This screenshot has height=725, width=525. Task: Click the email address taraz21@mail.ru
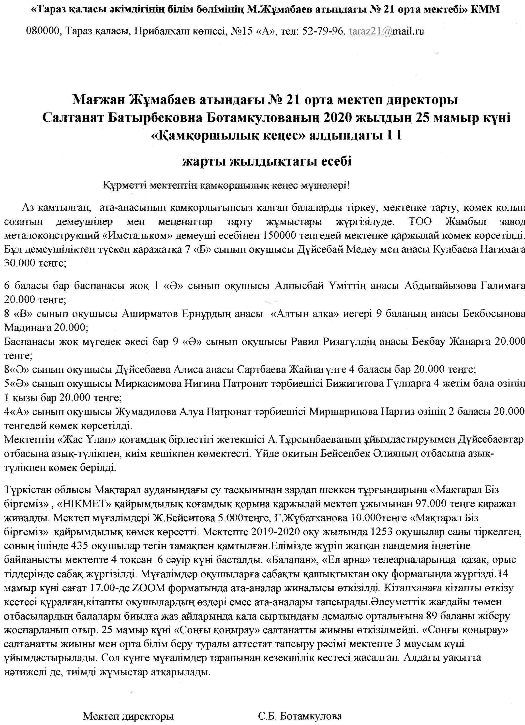coord(387,31)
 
